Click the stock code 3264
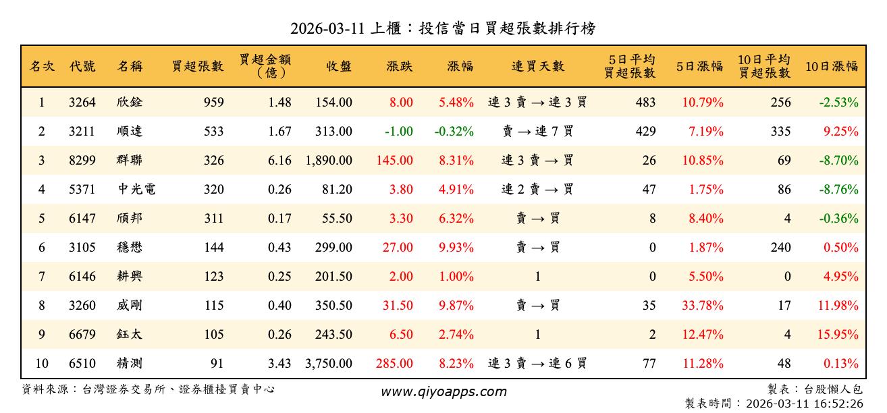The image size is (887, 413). pyautogui.click(x=82, y=103)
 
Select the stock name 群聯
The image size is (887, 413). pyautogui.click(x=130, y=161)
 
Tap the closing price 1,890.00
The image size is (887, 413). pyautogui.click(x=329, y=161)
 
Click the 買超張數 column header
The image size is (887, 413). pyautogui.click(x=197, y=66)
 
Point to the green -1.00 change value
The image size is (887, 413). pyautogui.click(x=398, y=132)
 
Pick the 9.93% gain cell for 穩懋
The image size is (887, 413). pyautogui.click(x=456, y=248)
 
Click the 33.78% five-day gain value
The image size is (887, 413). pyautogui.click(x=702, y=306)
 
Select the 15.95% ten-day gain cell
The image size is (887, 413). pyautogui.click(x=838, y=335)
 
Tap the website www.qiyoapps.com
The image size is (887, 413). pyautogui.click(x=444, y=391)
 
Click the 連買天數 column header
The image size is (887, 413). pyautogui.click(x=537, y=66)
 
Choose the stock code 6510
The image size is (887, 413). pyautogui.click(x=82, y=364)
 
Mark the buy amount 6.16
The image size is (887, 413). pyautogui.click(x=279, y=161)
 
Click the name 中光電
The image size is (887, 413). pyautogui.click(x=136, y=190)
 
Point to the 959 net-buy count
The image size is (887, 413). pyautogui.click(x=213, y=103)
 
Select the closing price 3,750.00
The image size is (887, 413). pyautogui.click(x=329, y=364)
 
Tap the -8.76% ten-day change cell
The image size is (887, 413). pyautogui.click(x=838, y=190)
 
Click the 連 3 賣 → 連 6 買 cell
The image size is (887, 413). pyautogui.click(x=537, y=364)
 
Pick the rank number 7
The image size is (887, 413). pyautogui.click(x=41, y=277)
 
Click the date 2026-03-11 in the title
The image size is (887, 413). pyautogui.click(x=327, y=29)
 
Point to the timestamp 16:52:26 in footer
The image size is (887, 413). pyautogui.click(x=838, y=404)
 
